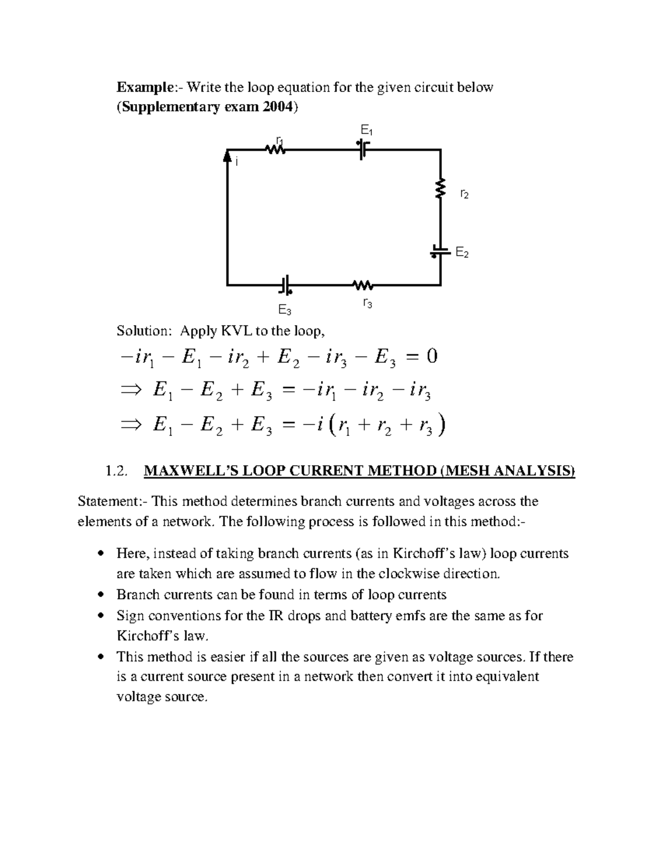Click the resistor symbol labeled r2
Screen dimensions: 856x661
[440, 188]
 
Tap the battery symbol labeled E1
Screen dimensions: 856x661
[363, 149]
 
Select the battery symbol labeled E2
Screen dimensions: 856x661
[440, 251]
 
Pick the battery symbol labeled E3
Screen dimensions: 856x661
[285, 285]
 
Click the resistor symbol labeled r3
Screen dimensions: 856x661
[363, 285]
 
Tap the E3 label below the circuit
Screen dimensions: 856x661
[284, 310]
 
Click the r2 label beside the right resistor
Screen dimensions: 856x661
[464, 194]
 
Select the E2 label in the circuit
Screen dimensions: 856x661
[462, 253]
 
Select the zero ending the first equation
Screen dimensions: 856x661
[431, 357]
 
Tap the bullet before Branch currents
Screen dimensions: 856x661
[100, 595]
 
